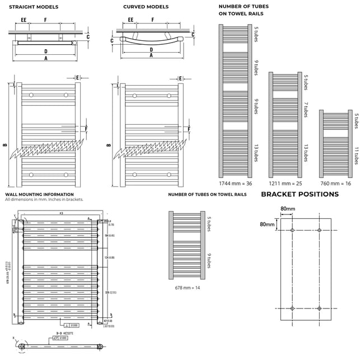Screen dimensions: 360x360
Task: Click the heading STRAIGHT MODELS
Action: [34, 7]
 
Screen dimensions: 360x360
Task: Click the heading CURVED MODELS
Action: [146, 7]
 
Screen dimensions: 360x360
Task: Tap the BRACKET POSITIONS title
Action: [300, 194]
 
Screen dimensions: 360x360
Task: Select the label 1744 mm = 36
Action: [235, 183]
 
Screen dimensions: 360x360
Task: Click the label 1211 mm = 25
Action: [285, 183]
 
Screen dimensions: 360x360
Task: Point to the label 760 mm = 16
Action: [335, 183]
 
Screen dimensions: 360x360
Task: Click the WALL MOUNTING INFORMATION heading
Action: [39, 194]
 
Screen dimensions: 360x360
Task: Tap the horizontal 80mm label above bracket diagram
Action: [288, 209]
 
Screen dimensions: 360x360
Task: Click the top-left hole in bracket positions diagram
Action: [292, 230]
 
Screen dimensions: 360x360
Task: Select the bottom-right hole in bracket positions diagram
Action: [319, 308]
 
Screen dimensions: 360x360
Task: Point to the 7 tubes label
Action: [306, 109]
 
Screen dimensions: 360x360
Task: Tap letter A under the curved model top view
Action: [151, 57]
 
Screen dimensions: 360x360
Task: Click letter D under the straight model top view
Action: [45, 51]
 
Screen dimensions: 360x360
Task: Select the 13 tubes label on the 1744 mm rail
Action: [256, 152]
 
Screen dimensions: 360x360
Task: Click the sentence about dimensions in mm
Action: [44, 200]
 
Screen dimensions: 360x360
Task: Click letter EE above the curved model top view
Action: [130, 20]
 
